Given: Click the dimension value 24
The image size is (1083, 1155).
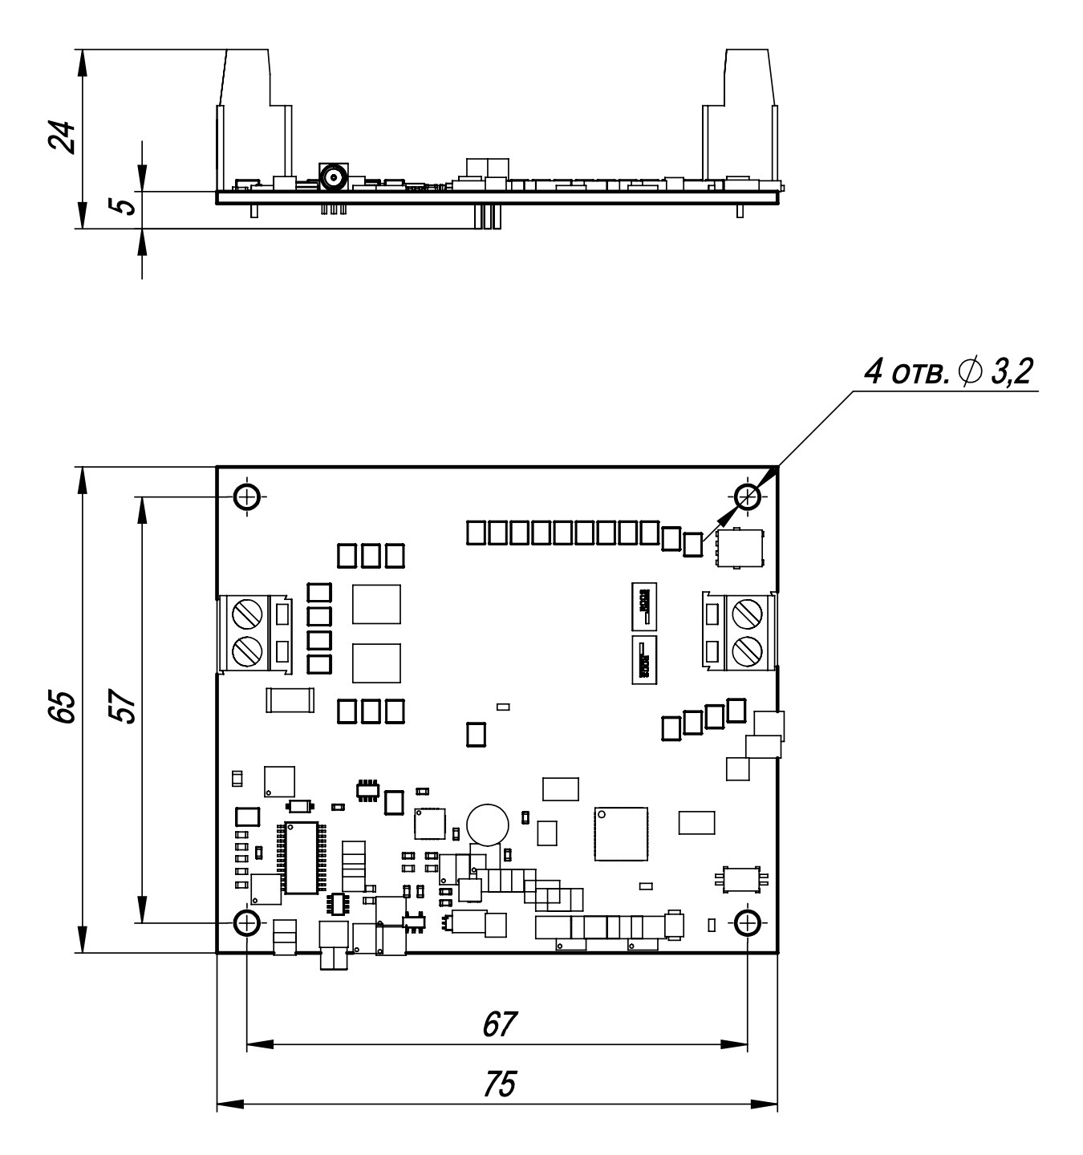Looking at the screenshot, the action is click(62, 137).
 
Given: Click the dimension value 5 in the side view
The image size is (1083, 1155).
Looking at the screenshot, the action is click(123, 205).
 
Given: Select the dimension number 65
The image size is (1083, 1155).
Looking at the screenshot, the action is click(62, 707).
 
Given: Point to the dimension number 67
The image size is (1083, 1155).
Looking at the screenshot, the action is click(499, 1025).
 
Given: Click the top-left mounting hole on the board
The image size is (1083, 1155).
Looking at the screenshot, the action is click(247, 496).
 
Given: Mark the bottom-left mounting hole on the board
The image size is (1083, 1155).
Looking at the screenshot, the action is click(247, 922).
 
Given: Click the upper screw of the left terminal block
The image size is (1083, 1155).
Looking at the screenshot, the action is click(247, 614).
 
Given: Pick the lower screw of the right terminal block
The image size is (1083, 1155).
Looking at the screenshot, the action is click(747, 650).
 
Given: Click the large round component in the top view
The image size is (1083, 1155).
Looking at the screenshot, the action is click(488, 825).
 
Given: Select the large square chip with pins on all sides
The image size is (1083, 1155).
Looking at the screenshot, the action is click(621, 833).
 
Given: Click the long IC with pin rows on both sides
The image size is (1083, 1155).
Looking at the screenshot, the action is click(301, 857).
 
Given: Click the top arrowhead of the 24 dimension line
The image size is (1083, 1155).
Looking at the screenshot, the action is click(83, 63).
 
